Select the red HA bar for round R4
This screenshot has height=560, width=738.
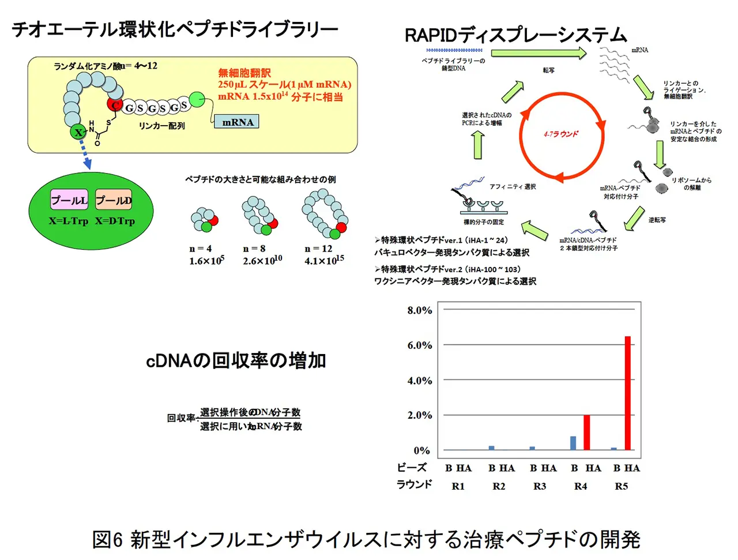(586, 432)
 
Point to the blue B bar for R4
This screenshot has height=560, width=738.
(573, 442)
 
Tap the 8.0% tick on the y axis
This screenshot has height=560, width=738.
(419, 310)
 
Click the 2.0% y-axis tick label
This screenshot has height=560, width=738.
(419, 415)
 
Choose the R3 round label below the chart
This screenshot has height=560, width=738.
(540, 486)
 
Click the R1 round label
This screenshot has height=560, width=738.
(458, 486)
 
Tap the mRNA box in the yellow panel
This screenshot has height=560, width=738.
(237, 122)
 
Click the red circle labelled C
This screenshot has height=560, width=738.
(115, 105)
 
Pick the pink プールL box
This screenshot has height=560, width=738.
(69, 200)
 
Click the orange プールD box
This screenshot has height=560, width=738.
(114, 200)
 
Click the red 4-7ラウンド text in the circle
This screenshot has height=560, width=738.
(560, 134)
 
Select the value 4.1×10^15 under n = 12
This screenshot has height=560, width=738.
(324, 261)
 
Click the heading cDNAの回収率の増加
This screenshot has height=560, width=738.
(236, 360)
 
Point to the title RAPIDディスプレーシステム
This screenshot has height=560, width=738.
(515, 35)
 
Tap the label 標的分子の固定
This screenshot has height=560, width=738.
(484, 222)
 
